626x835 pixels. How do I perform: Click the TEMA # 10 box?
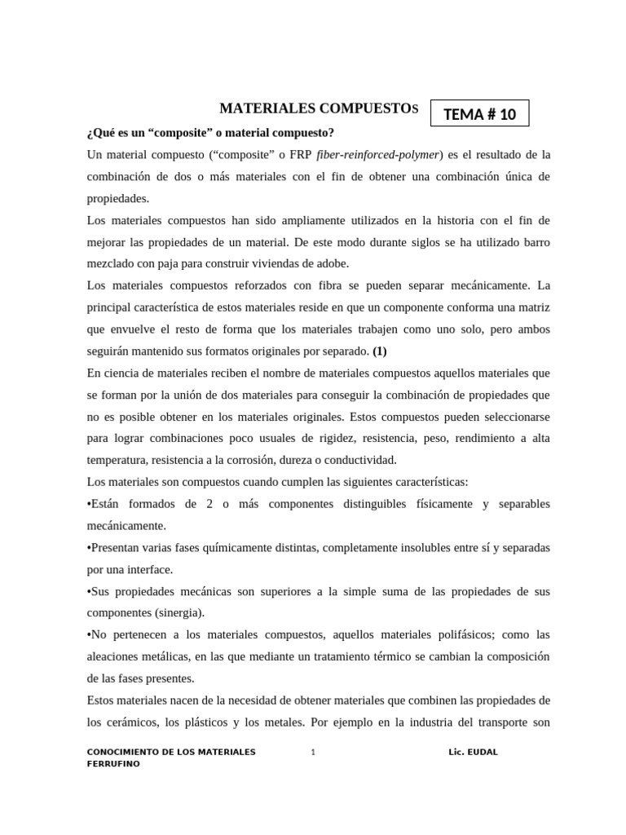coord(479,114)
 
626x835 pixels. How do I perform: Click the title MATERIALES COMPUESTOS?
coord(319,108)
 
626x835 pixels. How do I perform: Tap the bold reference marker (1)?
coord(380,351)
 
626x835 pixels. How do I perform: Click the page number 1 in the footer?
coord(313,752)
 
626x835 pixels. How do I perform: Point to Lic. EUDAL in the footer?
coord(473,752)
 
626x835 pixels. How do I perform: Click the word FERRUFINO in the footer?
coord(113,764)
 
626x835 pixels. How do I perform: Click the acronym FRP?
coord(298,154)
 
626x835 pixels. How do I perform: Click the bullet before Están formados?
coord(90,504)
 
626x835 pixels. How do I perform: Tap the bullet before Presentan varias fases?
coord(90,547)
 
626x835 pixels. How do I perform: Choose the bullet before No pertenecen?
coord(90,634)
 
